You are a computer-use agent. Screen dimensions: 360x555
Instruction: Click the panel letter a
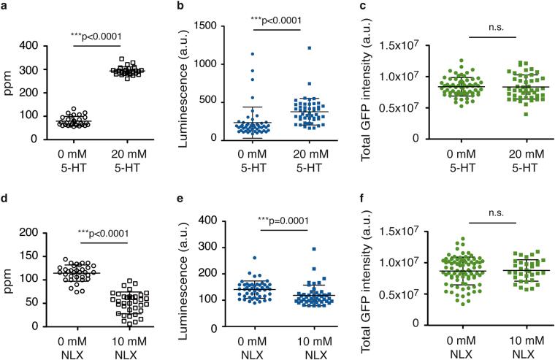(x=4, y=7)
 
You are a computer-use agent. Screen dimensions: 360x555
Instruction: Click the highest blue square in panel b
(x=309, y=48)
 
